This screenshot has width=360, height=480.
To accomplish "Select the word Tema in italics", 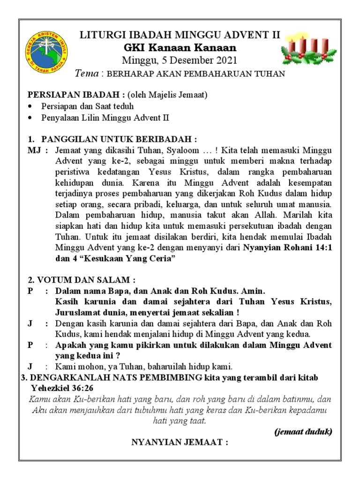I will [88, 74].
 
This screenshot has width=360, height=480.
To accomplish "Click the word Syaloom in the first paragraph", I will [180, 150].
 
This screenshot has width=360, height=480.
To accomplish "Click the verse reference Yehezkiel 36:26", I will [63, 388].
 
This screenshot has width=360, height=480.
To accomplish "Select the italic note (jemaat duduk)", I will [303, 432].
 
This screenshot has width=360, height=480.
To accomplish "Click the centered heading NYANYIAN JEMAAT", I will [180, 442].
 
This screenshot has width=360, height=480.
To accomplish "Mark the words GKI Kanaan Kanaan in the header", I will [180, 48].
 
